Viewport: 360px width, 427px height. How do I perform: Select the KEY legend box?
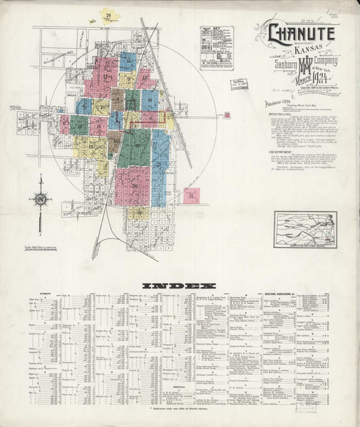pos(217,47)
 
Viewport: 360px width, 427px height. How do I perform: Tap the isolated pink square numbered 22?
pos(191,197)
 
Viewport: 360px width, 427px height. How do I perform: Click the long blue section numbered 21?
pos(160,166)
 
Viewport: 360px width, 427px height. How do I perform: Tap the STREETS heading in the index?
pos(46,295)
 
